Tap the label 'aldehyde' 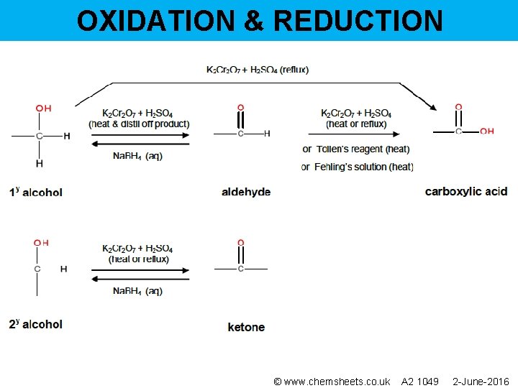[x=246, y=192]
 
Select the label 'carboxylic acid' [x=466, y=191]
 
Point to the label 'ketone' [x=246, y=327]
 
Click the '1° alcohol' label [x=36, y=192]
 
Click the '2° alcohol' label [x=36, y=324]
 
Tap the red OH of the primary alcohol [x=43, y=108]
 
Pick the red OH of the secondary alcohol [x=41, y=243]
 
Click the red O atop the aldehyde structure [x=240, y=108]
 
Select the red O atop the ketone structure [x=240, y=243]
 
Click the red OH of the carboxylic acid [x=486, y=131]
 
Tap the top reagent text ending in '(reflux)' [x=257, y=70]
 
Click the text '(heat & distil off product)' [x=139, y=124]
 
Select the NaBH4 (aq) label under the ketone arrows [x=137, y=291]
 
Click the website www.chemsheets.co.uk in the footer [x=337, y=381]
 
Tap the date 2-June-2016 [x=480, y=381]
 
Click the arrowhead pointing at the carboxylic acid [x=434, y=108]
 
